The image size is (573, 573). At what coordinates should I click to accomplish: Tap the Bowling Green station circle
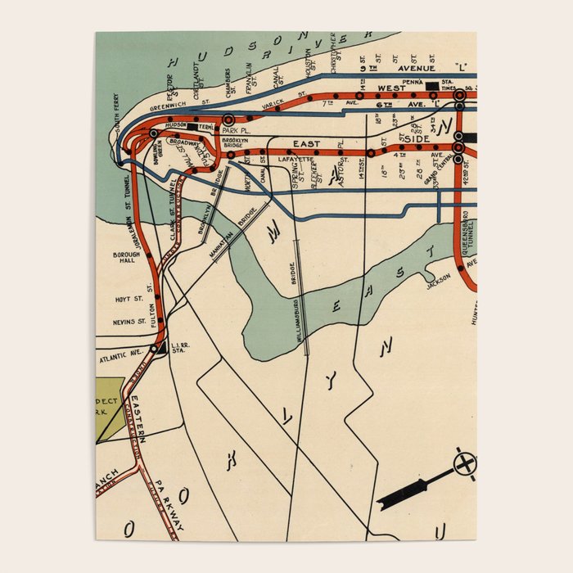coord(153,133)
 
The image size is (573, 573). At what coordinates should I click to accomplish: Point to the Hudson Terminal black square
coord(192,126)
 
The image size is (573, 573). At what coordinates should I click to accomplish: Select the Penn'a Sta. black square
coord(431,86)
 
